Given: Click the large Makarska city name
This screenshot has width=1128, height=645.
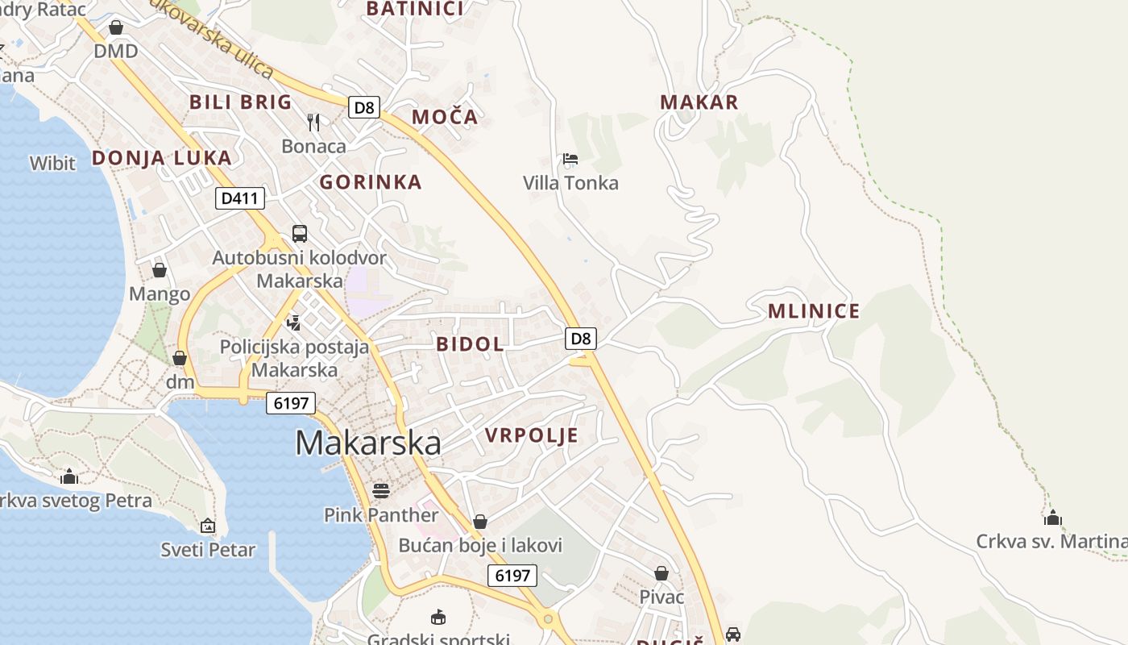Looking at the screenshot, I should (x=368, y=443).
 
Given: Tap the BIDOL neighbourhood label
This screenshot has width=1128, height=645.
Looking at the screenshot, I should (x=471, y=344).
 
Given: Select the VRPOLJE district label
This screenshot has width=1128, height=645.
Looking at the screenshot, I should (x=532, y=435).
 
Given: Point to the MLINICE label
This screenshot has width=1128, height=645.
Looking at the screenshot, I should (x=814, y=311).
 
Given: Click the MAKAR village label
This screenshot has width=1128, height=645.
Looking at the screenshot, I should (x=699, y=102).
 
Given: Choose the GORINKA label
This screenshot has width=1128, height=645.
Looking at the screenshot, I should (x=371, y=182).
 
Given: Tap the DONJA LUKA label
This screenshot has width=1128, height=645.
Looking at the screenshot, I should (x=162, y=158).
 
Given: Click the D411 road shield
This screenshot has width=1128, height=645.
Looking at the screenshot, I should (x=240, y=198).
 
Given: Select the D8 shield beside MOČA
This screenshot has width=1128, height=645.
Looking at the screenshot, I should (x=364, y=107).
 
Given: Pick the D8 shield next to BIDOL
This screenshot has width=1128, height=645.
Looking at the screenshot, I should (x=581, y=339).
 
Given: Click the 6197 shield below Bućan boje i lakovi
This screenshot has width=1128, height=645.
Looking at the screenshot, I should (x=512, y=575).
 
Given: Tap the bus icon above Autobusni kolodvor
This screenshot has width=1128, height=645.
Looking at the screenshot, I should (x=300, y=234).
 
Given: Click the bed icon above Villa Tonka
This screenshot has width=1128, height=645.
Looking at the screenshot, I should (x=570, y=159).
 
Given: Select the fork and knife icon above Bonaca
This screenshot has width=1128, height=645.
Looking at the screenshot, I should (x=313, y=123).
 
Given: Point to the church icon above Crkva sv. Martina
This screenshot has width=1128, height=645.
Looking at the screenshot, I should (x=1053, y=518).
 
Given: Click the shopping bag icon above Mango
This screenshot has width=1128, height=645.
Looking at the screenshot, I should (x=160, y=270).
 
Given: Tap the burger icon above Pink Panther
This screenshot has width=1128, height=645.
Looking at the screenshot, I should (x=381, y=490).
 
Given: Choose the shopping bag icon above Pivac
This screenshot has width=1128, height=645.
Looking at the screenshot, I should (x=661, y=573).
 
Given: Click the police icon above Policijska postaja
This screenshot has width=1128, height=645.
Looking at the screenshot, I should (x=294, y=323).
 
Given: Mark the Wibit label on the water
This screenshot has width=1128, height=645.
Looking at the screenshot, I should (x=52, y=163).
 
